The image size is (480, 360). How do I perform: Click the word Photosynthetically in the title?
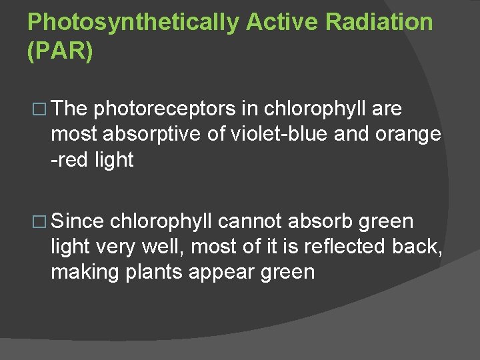pos(132,22)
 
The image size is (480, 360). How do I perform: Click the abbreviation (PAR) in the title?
pos(60,52)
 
